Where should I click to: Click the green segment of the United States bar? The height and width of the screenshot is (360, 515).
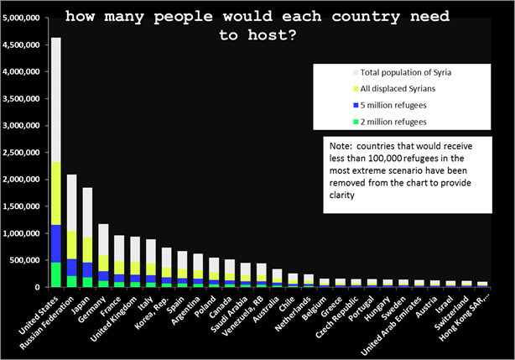point(55,274)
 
